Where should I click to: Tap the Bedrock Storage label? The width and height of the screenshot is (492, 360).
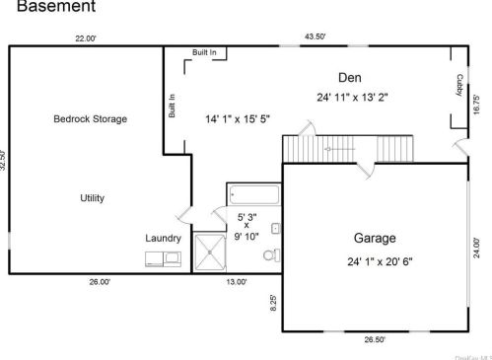90,118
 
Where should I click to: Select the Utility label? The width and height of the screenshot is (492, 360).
92,198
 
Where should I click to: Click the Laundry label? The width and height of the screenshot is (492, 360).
163,238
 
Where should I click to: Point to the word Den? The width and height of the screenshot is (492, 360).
348,77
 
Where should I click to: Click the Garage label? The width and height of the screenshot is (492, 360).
374,238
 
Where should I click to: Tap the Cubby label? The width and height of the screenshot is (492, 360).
458,86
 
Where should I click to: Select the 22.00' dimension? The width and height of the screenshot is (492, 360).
86,38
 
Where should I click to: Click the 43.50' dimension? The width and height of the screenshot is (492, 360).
315,36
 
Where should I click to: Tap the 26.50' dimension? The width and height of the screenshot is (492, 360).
374,338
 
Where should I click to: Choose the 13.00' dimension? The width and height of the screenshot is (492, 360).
237,281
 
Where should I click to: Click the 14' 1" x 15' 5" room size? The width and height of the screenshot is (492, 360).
237,118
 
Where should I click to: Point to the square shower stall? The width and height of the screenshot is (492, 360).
209,252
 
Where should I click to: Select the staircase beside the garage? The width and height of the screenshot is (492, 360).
325,149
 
